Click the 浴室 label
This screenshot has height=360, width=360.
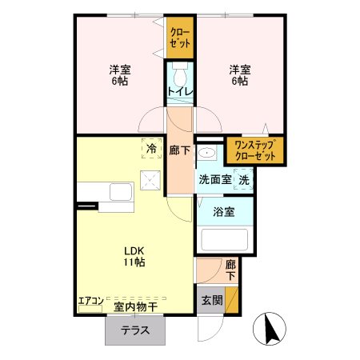tap(223, 213)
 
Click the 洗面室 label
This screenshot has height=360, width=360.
tap(214, 180)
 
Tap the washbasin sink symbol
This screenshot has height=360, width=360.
tap(206, 154)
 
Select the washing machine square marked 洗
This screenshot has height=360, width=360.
tap(245, 180)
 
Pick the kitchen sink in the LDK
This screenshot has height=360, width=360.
tap(121, 193)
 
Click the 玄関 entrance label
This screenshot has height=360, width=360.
tap(211, 302)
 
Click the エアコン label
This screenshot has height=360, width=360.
tap(90, 302)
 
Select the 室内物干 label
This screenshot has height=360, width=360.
tap(134, 305)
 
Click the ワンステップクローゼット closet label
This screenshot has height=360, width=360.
tap(254, 150)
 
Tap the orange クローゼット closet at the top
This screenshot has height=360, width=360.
tap(180, 37)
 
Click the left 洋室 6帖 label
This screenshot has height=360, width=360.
tap(120, 76)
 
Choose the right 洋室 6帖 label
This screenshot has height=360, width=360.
tap(240, 76)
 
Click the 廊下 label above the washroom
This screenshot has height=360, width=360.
tap(180, 149)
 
